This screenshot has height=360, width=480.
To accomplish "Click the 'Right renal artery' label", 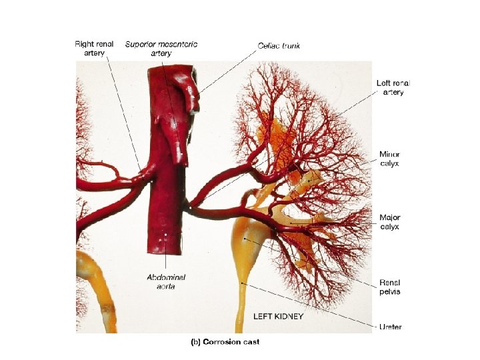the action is tap(95, 49).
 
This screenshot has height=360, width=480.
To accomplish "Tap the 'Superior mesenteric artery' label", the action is tap(161, 49).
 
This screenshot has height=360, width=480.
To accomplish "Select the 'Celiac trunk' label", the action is tap(279, 45).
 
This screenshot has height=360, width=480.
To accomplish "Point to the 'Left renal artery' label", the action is tap(393, 87).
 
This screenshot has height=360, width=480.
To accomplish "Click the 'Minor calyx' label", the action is tap(389, 159).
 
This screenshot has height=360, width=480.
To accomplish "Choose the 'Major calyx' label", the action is tap(389, 222).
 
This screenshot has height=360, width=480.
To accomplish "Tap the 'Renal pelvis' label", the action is tap(389, 287).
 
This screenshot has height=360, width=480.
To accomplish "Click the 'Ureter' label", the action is tap(390, 327).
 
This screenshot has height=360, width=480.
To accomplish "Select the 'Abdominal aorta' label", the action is tap(166, 281).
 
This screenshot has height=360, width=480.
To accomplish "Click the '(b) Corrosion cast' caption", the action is tap(225, 342).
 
